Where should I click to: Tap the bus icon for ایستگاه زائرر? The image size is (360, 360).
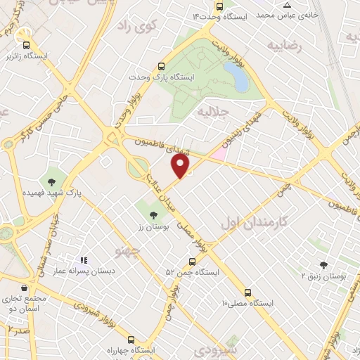click(x=26, y=44)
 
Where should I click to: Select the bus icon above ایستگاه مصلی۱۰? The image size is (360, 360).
click(x=247, y=292)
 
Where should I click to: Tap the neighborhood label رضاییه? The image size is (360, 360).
click(x=283, y=46)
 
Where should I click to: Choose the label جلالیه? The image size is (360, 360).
click(x=213, y=112)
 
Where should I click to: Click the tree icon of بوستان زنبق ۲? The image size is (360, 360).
click(x=323, y=265)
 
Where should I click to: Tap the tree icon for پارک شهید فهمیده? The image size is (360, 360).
click(x=52, y=180)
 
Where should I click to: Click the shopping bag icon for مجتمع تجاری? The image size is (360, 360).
click(x=25, y=288)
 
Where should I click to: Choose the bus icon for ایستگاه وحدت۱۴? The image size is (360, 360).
click(x=219, y=6)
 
